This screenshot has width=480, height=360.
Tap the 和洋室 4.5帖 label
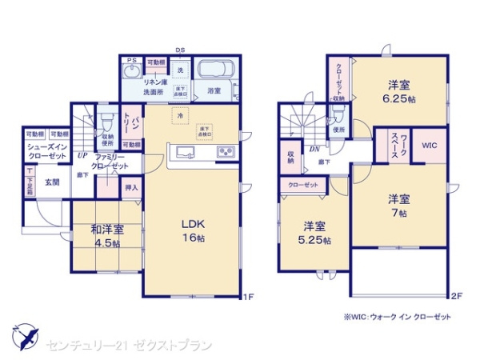click(x=105, y=238)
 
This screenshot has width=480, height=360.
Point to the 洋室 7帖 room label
click(x=401, y=206)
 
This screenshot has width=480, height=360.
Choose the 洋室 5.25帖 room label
click(x=314, y=232)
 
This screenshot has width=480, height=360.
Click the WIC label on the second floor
click(x=429, y=146)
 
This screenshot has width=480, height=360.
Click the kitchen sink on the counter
click(x=184, y=152)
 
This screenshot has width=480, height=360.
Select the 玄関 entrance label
click(x=52, y=182)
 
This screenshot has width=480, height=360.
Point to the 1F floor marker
click(x=248, y=298)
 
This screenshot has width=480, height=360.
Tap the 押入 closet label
click(x=132, y=189)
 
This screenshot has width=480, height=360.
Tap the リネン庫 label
click(x=154, y=82)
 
